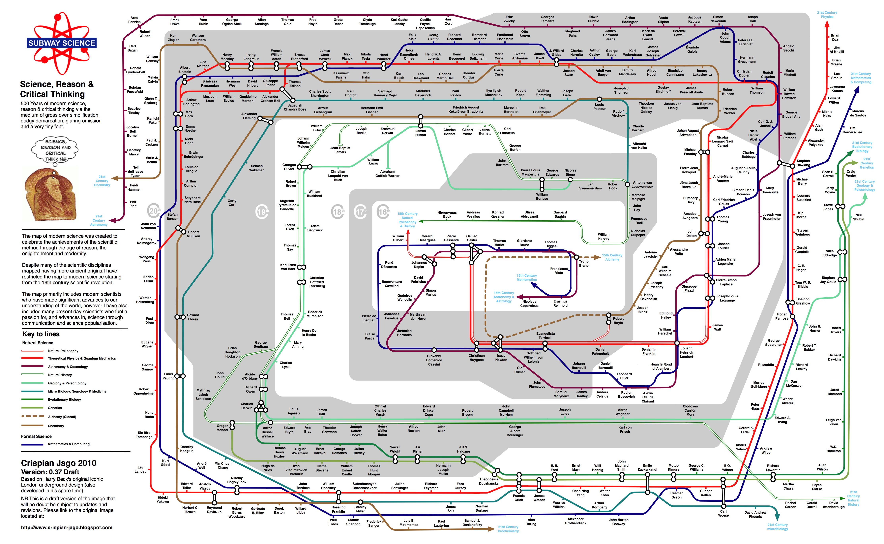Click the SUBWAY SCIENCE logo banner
tap(62, 43)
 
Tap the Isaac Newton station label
tap(501, 358)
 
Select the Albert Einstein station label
tap(185, 69)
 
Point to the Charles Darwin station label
tap(247, 406)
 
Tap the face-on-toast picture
tap(50, 195)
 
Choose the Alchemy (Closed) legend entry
tap(62, 417)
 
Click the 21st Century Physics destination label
tap(827, 14)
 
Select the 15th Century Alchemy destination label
tap(612, 257)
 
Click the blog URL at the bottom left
tap(67, 528)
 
